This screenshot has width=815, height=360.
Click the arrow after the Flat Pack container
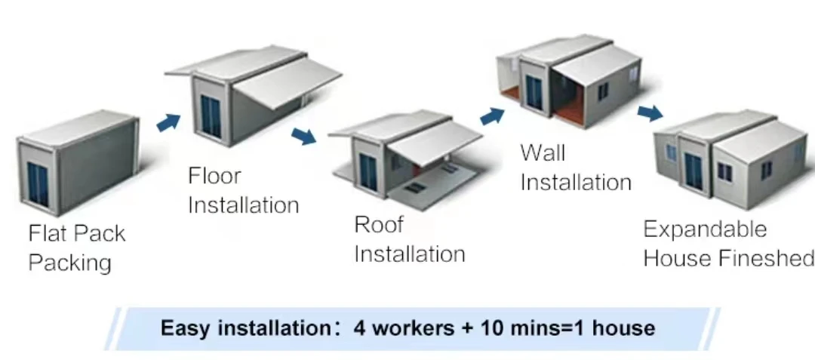click(169, 122)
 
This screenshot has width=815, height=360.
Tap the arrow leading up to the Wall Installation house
click(492, 115)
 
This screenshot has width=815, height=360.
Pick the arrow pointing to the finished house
click(649, 113)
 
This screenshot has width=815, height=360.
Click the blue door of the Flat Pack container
click(37, 183)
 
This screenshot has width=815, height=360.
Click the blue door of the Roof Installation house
click(368, 171)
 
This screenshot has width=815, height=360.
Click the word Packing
click(69, 263)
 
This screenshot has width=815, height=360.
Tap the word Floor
click(214, 177)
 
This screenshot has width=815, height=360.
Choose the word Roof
click(379, 225)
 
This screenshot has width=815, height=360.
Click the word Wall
click(543, 153)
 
